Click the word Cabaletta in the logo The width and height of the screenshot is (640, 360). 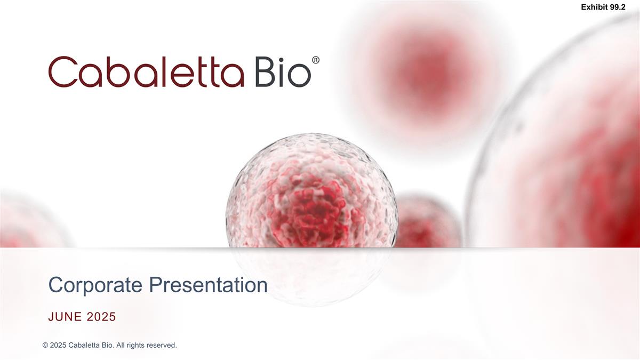coord(146,72)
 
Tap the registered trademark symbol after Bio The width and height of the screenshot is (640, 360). coord(316,61)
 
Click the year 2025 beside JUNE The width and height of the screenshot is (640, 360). coord(101,317)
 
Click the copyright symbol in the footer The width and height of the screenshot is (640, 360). coord(45,346)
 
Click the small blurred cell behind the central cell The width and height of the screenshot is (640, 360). coord(429,221)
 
